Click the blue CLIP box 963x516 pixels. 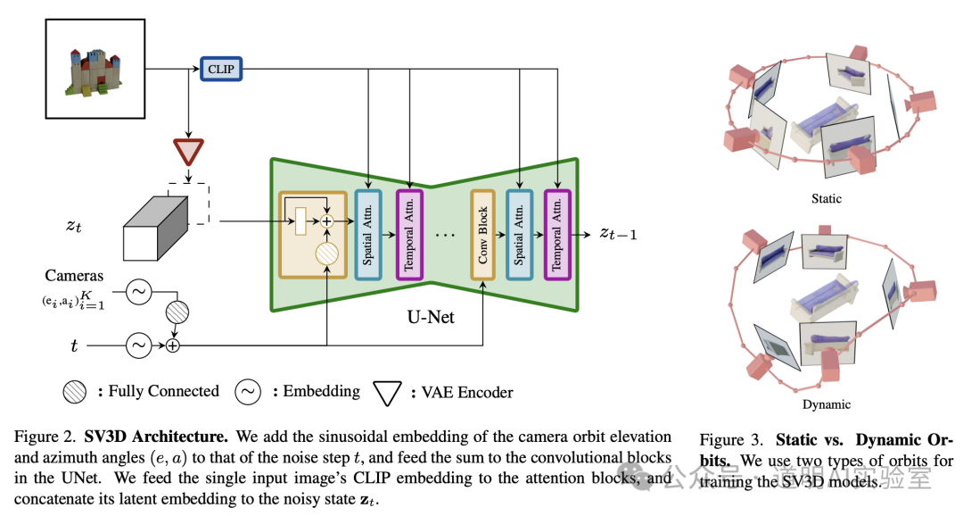coord(220,68)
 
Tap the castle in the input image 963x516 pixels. coord(92,71)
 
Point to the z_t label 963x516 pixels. coord(74,226)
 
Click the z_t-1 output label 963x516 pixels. coord(617,233)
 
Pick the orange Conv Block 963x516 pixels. coord(482,234)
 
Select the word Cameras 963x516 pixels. coord(75,277)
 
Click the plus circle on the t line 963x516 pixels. coord(173,345)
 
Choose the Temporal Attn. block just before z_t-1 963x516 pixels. coord(557,234)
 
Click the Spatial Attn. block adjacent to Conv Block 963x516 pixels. coord(519,234)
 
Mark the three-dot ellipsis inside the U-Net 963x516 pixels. coord(445,235)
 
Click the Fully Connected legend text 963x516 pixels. coord(158,391)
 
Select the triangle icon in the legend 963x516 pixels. coord(387,391)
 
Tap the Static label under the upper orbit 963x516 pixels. coord(826,198)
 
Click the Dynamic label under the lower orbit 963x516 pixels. coord(826,404)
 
